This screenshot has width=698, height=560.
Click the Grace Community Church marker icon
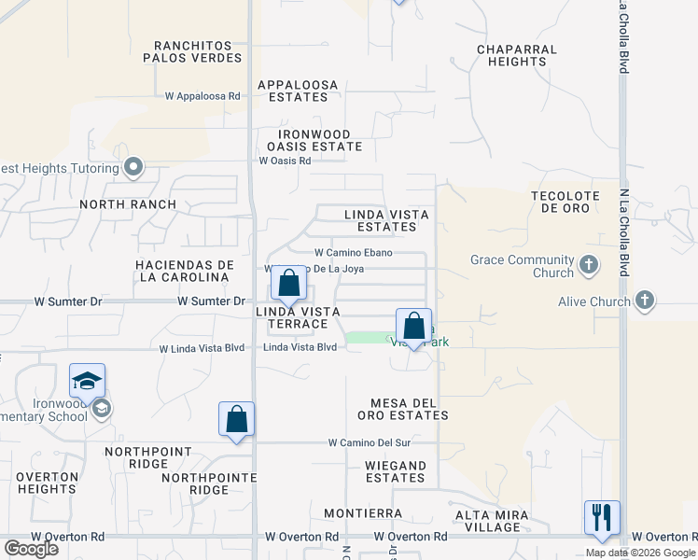pyautogui.click(x=588, y=266)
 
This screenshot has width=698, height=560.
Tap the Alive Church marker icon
pyautogui.click(x=644, y=301)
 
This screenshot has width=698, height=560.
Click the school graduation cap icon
pyautogui.click(x=87, y=381)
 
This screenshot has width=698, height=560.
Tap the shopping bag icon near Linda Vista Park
pyautogui.click(x=414, y=326)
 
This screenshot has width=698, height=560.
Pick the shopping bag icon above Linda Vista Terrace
pyautogui.click(x=288, y=283)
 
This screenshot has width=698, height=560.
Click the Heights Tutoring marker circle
pyautogui.click(x=133, y=168)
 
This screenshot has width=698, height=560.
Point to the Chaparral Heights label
pyautogui.click(x=516, y=55)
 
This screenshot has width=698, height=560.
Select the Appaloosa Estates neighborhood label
pyautogui.click(x=298, y=90)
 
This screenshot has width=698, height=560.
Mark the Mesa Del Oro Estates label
pyautogui.click(x=410, y=409)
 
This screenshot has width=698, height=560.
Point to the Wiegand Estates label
pyautogui.click(x=396, y=471)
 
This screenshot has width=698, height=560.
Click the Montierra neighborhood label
pyautogui.click(x=363, y=513)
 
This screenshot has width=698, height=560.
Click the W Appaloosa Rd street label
pyautogui.click(x=202, y=95)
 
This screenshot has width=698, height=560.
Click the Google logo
pyautogui.click(x=31, y=549)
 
